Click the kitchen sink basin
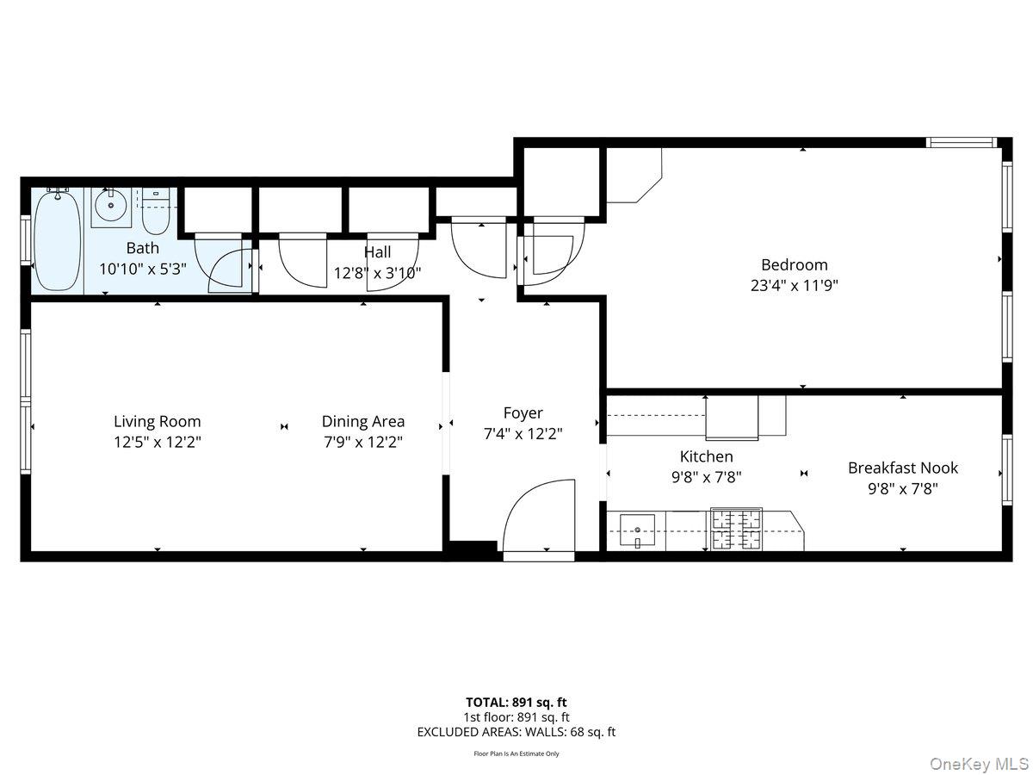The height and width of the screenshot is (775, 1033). click(637, 526)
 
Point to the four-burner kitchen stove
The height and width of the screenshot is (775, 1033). click(736, 530)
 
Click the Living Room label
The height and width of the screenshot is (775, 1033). click(158, 421)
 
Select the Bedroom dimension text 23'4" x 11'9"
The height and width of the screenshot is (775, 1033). click(794, 285)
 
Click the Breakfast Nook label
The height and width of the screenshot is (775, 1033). click(902, 468)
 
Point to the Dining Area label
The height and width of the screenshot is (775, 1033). click(362, 421)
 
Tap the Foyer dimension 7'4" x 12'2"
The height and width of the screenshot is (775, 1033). click(523, 434)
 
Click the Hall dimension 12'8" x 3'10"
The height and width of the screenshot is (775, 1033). click(377, 273)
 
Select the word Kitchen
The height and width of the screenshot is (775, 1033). click(706, 456)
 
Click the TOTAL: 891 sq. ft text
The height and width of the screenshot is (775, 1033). click(516, 702)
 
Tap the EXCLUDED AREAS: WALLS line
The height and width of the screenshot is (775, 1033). click(516, 732)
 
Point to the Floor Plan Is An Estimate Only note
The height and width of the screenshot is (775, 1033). click(516, 753)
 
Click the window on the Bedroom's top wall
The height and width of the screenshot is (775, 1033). click(962, 142)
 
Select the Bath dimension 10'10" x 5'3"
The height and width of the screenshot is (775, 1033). click(142, 269)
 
